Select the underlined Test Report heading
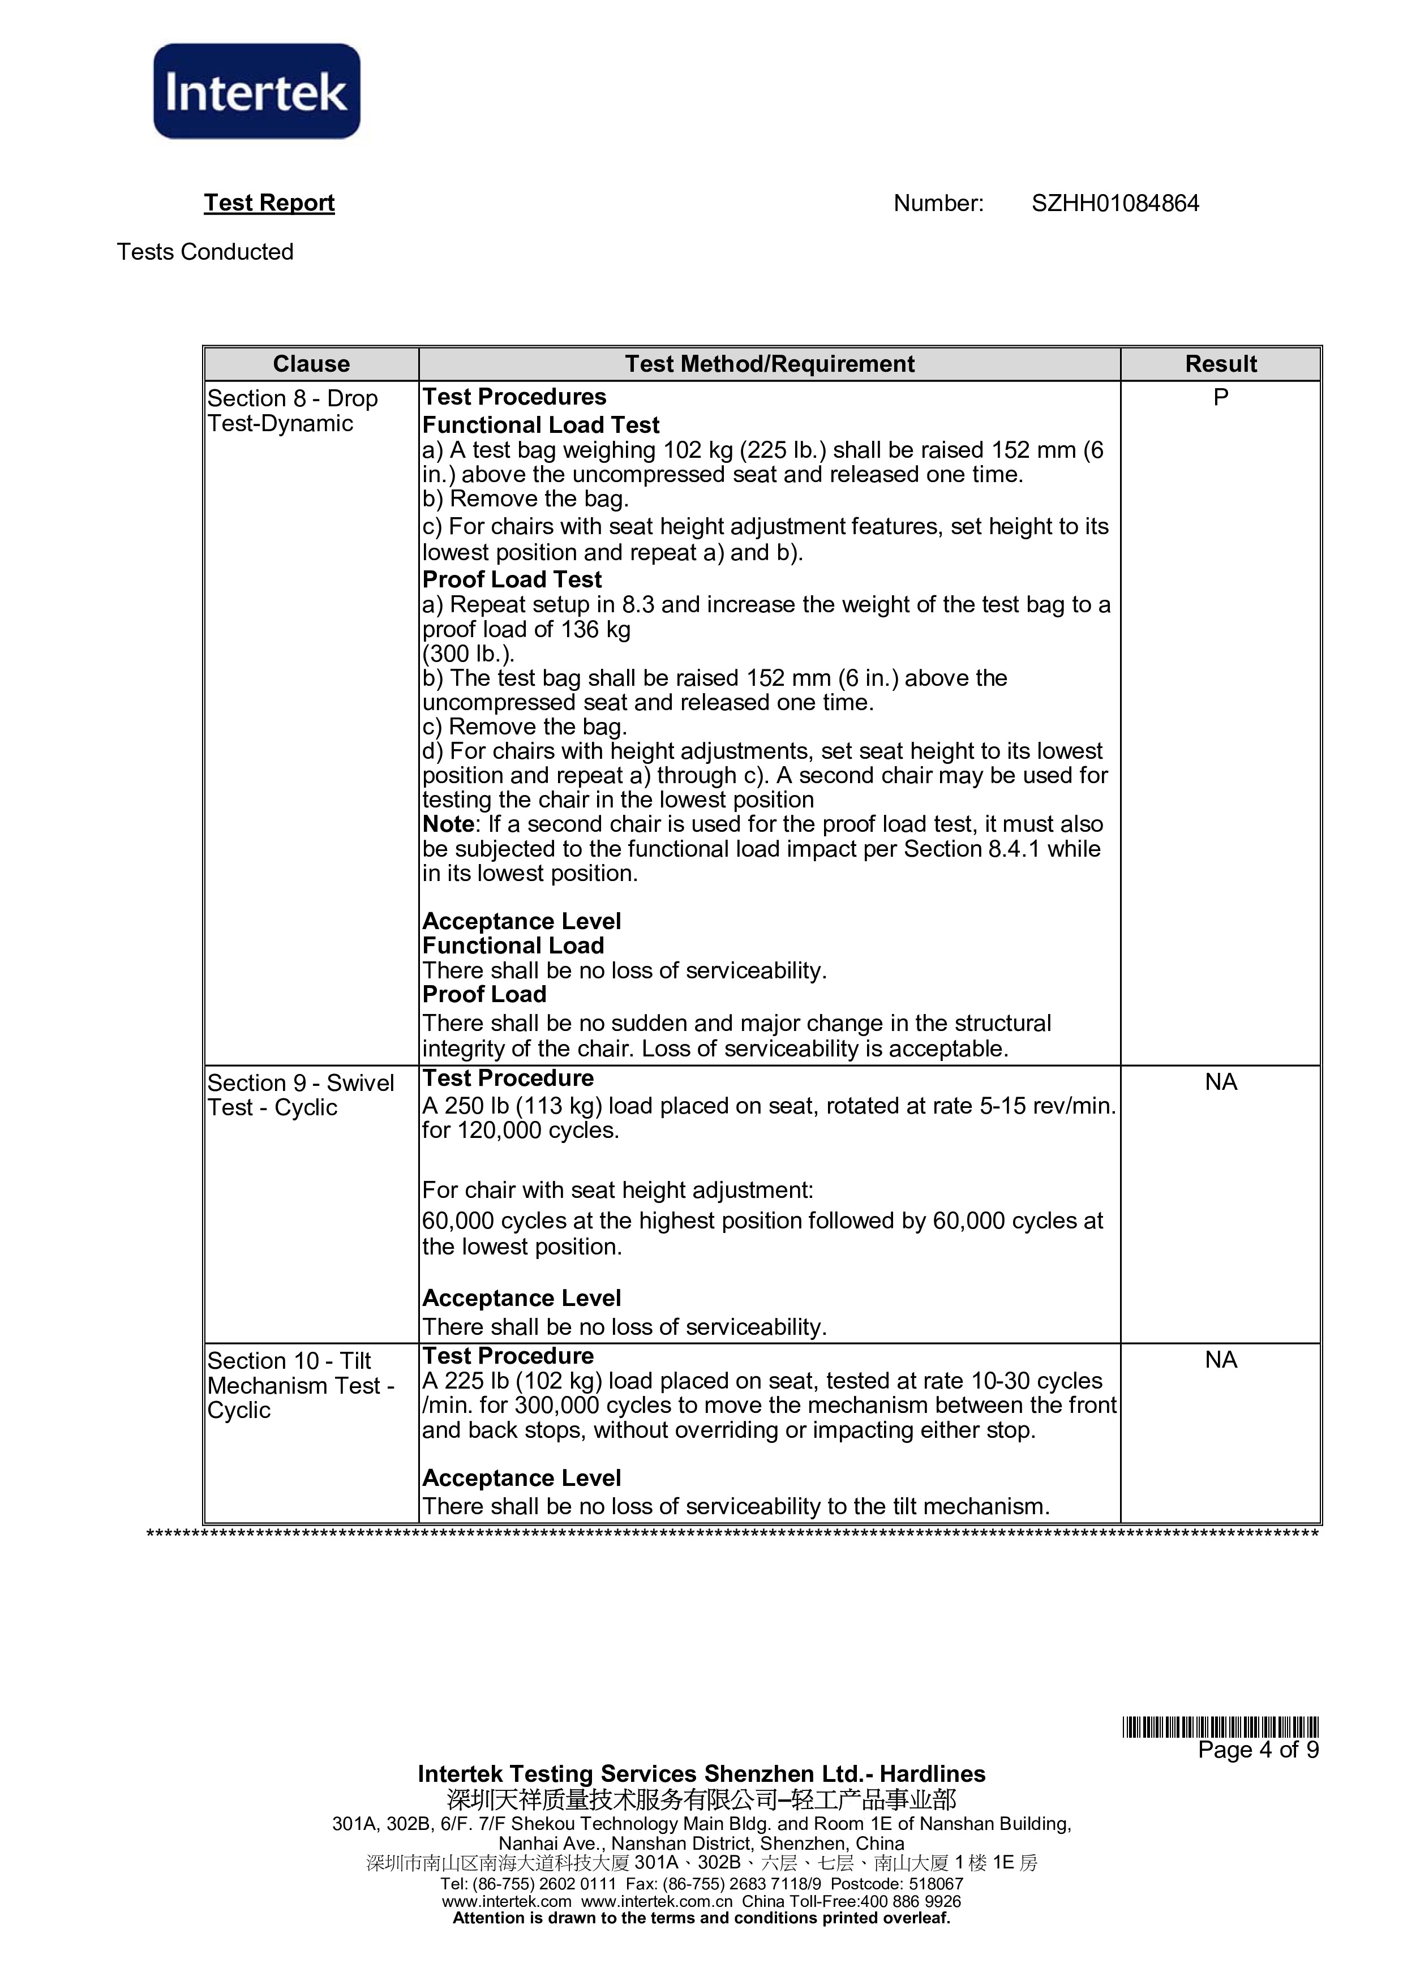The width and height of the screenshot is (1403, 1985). pos(269,203)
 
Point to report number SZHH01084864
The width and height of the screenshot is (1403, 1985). pos(1114,203)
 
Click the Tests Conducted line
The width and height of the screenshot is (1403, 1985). pos(205,252)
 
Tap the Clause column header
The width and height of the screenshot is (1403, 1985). pos(311,364)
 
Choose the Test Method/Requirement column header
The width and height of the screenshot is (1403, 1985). pos(769,364)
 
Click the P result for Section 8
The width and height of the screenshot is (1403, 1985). pos(1220,398)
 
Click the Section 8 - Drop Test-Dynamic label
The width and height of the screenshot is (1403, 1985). pos(291,411)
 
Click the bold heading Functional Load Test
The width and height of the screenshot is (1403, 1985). pos(540,426)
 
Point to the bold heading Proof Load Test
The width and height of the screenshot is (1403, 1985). pos(512,579)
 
